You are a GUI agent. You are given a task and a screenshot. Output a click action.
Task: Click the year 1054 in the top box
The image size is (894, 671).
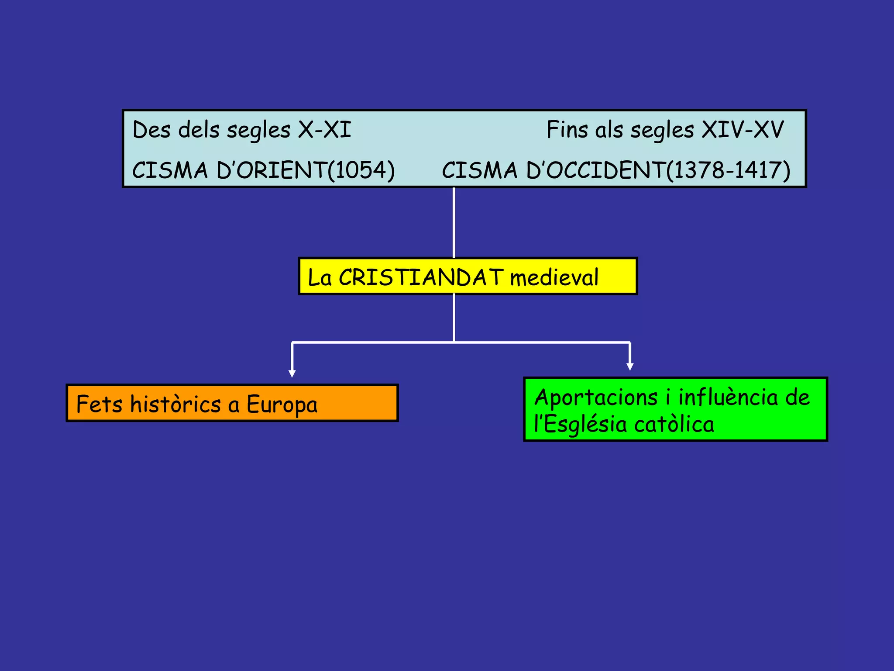(x=361, y=170)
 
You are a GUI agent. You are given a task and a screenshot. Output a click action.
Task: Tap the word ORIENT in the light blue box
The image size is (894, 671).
(x=282, y=170)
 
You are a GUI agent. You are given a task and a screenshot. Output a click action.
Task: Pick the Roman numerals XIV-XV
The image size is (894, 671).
(x=742, y=130)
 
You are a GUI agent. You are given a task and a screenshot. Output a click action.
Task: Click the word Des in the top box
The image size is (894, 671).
(x=151, y=130)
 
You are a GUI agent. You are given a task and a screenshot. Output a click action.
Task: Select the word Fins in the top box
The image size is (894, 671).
(x=567, y=130)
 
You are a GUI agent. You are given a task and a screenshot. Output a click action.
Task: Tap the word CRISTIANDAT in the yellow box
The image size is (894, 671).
(x=421, y=277)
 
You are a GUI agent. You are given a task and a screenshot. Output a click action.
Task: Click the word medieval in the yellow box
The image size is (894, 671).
(x=554, y=277)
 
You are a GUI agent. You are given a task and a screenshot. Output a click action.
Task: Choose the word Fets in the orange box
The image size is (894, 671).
(x=99, y=404)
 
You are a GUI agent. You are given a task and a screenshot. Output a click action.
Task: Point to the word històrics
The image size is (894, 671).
(x=175, y=404)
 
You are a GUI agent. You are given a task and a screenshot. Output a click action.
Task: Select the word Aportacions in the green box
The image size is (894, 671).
(x=596, y=398)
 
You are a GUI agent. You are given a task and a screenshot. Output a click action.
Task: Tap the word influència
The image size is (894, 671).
(x=728, y=398)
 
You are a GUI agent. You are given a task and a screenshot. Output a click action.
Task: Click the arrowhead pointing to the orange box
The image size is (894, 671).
(x=292, y=374)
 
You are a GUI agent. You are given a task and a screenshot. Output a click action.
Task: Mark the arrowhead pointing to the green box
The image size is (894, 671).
(x=629, y=367)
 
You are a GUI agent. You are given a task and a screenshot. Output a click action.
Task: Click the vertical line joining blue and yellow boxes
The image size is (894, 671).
(x=454, y=223)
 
